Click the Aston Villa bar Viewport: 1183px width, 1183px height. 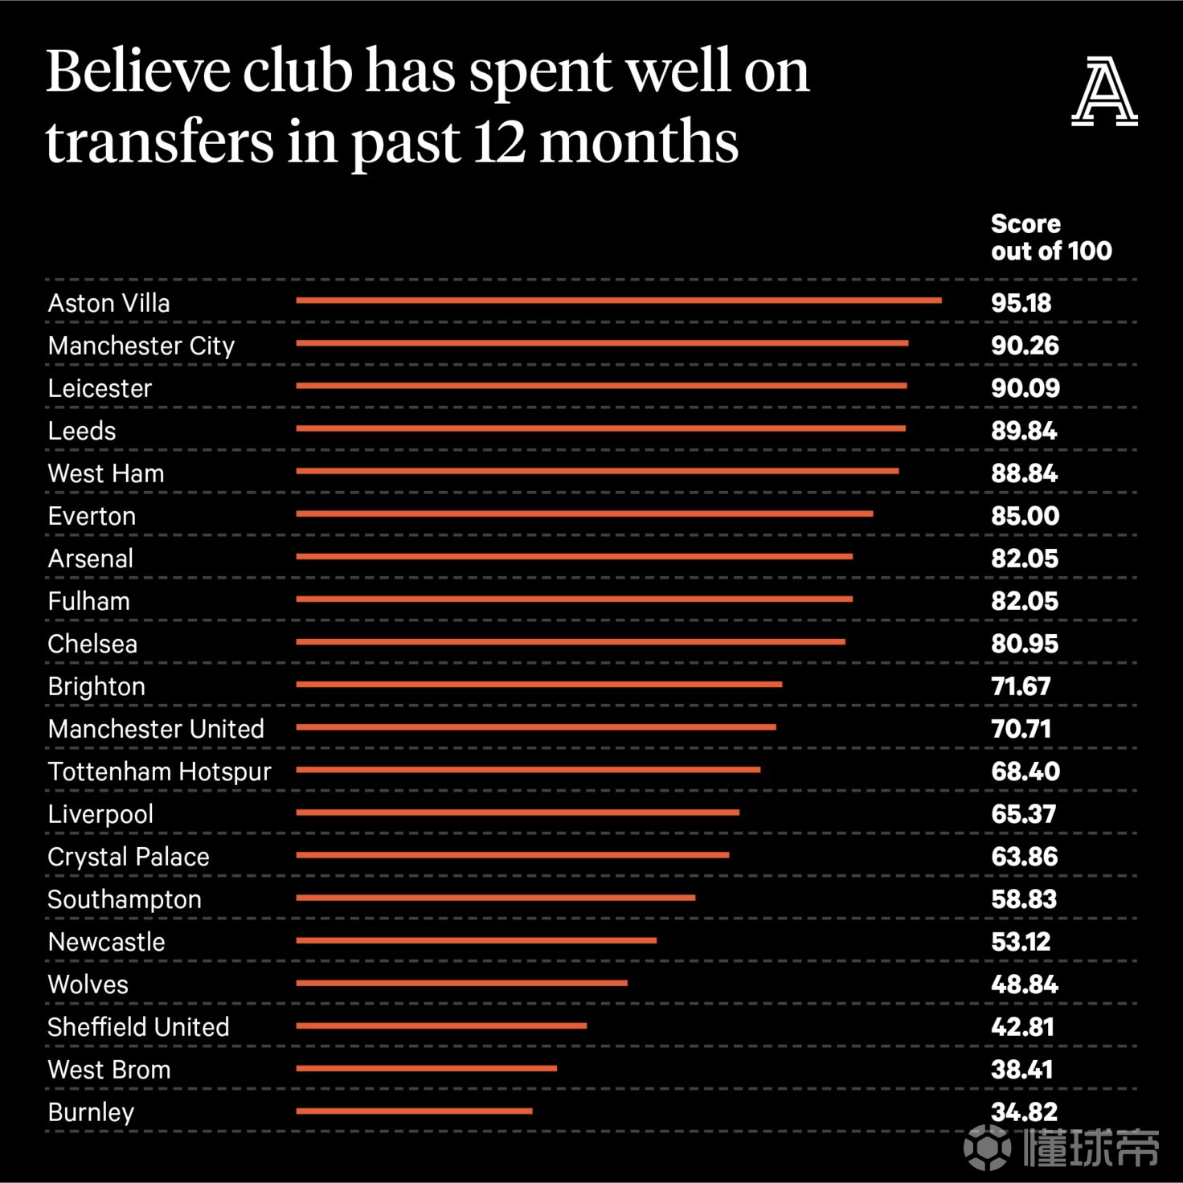[x=619, y=301]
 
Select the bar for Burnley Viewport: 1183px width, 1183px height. [x=414, y=1111]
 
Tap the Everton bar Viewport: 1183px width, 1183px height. [x=584, y=514]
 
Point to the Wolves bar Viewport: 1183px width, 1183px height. [x=461, y=983]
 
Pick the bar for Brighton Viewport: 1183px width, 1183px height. [x=538, y=685]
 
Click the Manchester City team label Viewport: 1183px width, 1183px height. [x=141, y=346]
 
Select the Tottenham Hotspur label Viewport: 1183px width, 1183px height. [x=159, y=772]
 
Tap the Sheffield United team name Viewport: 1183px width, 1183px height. [x=138, y=1027]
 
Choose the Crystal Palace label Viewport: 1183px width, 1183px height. [x=129, y=857]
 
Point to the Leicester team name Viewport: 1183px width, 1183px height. [x=100, y=388]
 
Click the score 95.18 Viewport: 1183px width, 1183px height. [x=1021, y=303]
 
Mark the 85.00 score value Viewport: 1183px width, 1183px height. [x=1025, y=516]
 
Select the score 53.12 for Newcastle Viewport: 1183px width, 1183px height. [x=1021, y=942]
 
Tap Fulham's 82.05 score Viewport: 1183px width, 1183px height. [x=1025, y=601]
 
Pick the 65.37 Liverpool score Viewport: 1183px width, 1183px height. [x=1023, y=814]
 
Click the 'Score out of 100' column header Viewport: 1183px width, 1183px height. [x=1050, y=237]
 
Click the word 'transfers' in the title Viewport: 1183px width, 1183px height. [x=160, y=141]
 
